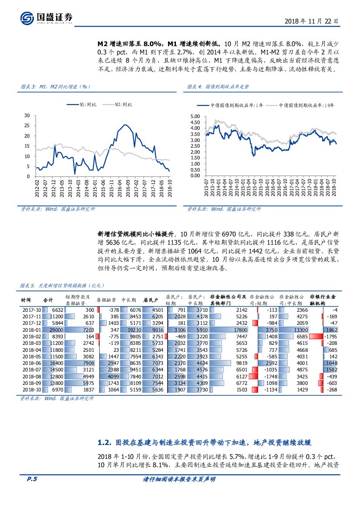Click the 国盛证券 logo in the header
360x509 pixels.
click(47, 18)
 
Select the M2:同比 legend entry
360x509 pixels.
click(123, 104)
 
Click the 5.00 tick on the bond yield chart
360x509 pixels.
click(195, 117)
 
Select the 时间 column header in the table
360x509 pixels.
click(26, 300)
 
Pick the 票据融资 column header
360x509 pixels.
click(106, 300)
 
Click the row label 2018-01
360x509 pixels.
click(31, 330)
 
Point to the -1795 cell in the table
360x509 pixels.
click(330, 337)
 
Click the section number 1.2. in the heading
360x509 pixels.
click(106, 443)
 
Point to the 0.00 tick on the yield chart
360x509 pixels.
click(195, 176)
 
